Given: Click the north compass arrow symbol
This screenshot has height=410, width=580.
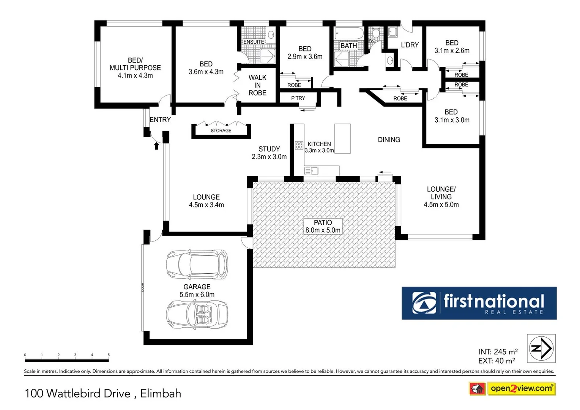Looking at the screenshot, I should click(x=541, y=348).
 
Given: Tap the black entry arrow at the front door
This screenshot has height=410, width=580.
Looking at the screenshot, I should click(x=156, y=146).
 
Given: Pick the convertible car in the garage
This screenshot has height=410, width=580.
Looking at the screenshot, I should click(x=197, y=314).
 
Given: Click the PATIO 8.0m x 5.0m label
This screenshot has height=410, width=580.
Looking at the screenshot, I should click(x=323, y=226).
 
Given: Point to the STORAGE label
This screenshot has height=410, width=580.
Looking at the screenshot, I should click(x=221, y=131).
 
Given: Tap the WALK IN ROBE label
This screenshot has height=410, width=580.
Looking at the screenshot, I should click(x=257, y=85).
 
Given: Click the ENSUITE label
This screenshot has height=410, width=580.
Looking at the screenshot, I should click(x=254, y=42).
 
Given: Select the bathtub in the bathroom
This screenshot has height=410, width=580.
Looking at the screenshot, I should click(x=348, y=33).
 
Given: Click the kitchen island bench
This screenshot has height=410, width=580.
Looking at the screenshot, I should click(x=342, y=139).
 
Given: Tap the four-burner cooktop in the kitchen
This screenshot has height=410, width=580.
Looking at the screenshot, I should click(x=299, y=145).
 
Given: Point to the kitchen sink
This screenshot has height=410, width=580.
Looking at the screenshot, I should click(x=311, y=171).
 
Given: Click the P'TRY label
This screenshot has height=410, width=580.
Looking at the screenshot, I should click(x=298, y=98).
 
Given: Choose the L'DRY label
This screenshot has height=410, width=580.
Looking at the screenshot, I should click(x=410, y=45).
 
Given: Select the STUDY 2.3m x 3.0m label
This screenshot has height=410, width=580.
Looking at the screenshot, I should click(x=269, y=153).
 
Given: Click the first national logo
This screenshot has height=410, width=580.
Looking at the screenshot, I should click(x=479, y=303).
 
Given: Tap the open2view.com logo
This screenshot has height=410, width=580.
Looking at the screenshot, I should click(x=521, y=388).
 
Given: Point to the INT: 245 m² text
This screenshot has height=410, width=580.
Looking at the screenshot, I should click(x=498, y=352).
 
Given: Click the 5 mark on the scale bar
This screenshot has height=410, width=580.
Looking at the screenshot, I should click(x=109, y=355).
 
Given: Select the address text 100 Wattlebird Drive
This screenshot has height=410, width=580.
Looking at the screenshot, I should click(x=78, y=393).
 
